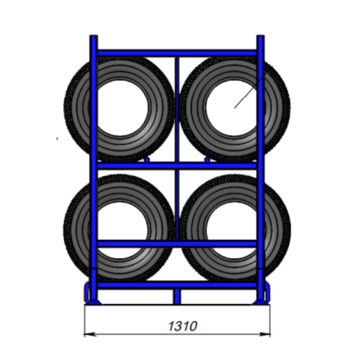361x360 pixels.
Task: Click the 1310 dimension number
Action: click(183, 326)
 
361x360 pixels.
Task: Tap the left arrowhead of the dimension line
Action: click(90, 334)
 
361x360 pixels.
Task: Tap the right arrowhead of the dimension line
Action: click(265, 334)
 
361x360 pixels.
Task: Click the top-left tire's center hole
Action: click(122, 108)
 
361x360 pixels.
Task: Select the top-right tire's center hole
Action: click(231, 108)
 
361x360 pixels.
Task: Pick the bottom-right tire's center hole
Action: click(231, 230)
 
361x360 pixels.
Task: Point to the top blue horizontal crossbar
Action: click(177, 53)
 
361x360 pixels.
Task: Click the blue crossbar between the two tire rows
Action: click(177, 166)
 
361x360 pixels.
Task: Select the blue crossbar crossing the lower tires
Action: click(177, 243)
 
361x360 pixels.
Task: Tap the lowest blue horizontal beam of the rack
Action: click(177, 286)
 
